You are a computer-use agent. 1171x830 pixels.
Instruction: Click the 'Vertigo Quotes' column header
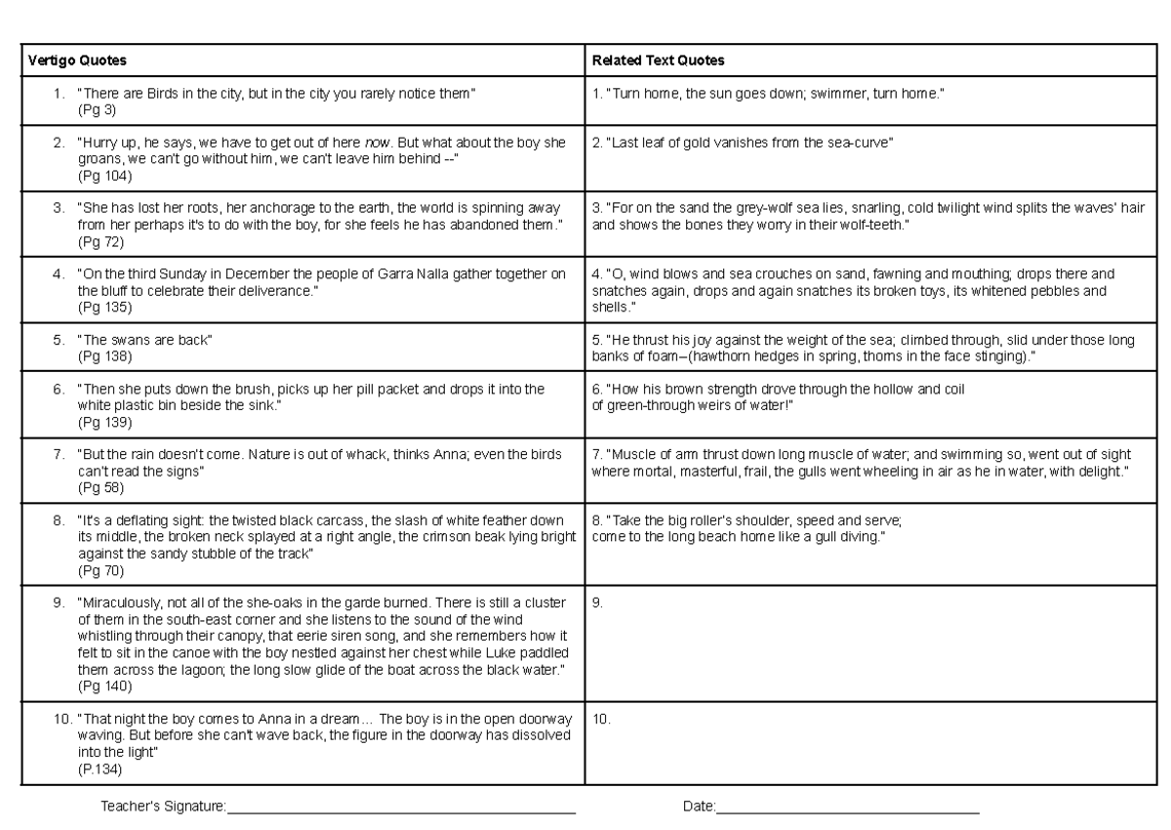point(77,61)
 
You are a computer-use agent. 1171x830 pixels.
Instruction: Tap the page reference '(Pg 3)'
point(97,110)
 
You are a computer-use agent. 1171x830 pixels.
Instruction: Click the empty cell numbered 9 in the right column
point(875,644)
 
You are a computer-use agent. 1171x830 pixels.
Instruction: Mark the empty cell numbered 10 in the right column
point(875,747)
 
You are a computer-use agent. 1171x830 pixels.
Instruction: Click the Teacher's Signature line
point(400,809)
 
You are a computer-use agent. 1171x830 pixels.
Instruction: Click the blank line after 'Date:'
point(847,809)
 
